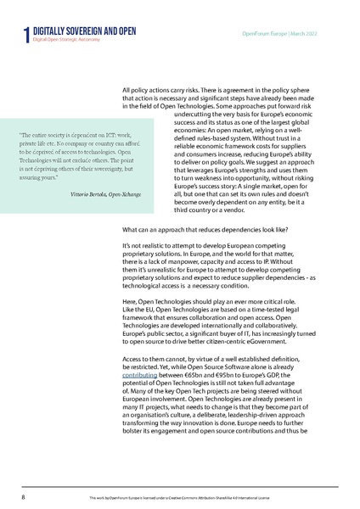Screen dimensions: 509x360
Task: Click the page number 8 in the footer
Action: [x=23, y=493]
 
